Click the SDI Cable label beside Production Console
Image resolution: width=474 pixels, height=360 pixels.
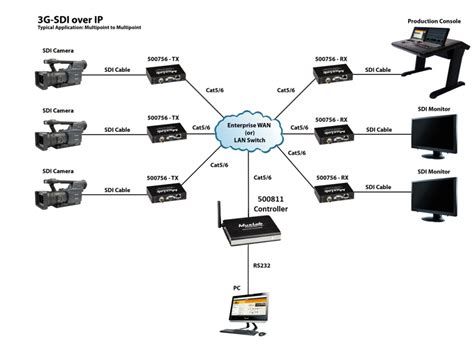(378, 71)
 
